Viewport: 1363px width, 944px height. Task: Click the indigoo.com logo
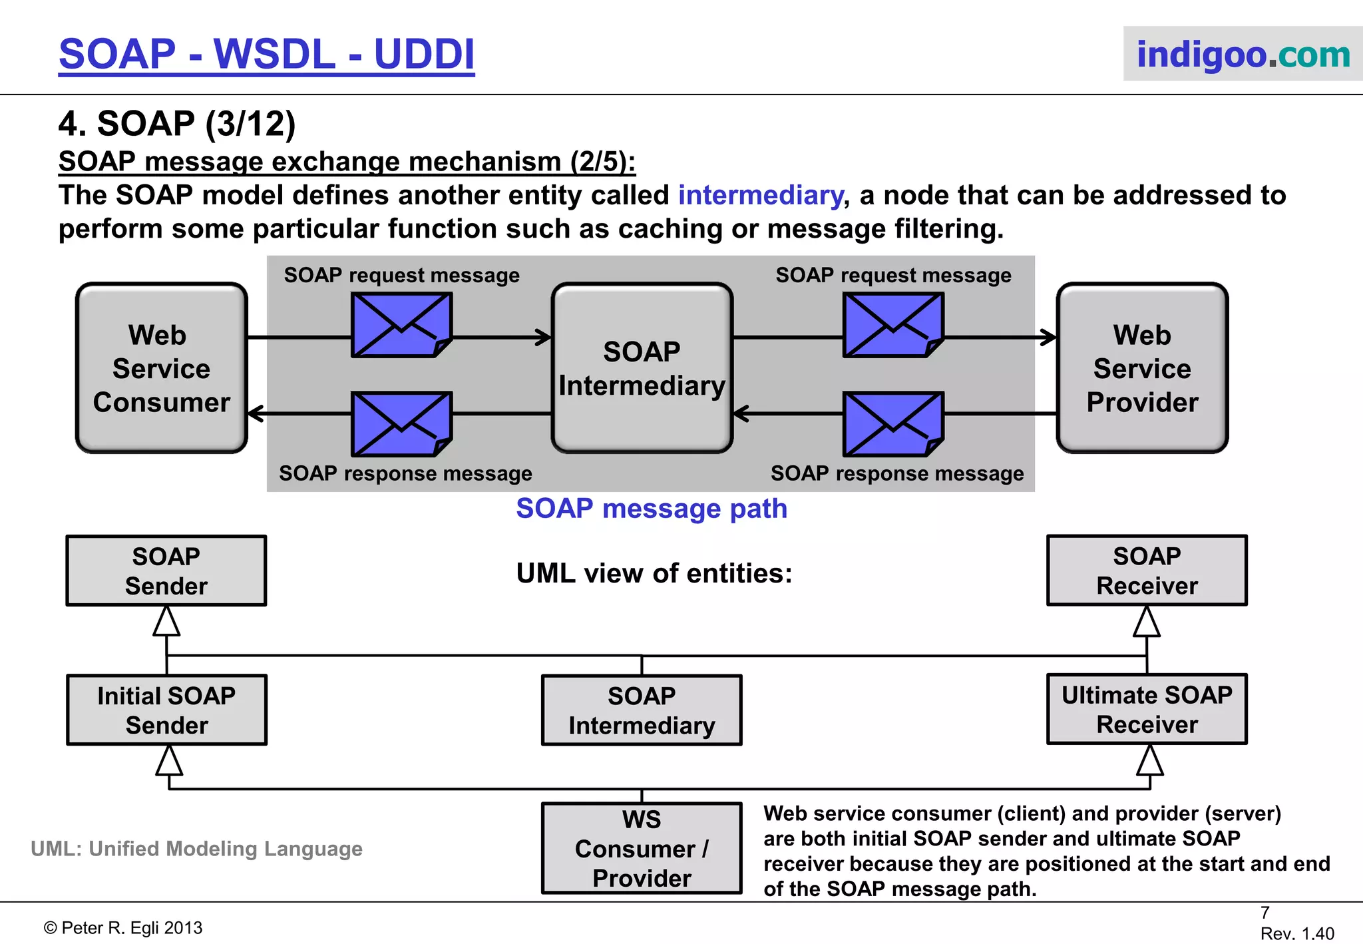1242,54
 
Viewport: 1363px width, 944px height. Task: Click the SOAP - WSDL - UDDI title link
266,54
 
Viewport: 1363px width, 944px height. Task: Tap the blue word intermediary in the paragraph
760,195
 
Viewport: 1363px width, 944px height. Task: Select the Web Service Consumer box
162,368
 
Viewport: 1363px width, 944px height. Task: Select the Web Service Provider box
1142,368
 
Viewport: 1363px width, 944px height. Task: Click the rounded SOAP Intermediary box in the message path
642,368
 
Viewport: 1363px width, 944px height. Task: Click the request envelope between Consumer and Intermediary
401,326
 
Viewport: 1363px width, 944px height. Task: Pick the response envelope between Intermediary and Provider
893,424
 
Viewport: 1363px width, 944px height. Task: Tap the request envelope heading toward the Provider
893,326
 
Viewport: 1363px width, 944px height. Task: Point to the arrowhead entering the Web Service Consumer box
255,413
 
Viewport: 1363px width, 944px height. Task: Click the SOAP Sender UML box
166,571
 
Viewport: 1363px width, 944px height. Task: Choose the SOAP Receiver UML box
1147,571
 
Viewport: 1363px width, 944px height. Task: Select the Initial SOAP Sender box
166,710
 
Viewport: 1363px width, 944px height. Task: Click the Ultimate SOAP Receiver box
1147,709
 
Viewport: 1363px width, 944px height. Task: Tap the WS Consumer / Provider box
642,848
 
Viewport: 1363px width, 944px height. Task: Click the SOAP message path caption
652,509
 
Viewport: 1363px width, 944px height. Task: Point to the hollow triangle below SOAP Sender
166,622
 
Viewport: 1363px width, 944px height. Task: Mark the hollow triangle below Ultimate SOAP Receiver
1150,760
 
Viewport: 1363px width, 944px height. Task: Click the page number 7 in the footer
1265,913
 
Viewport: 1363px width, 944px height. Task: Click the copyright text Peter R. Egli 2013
123,927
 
